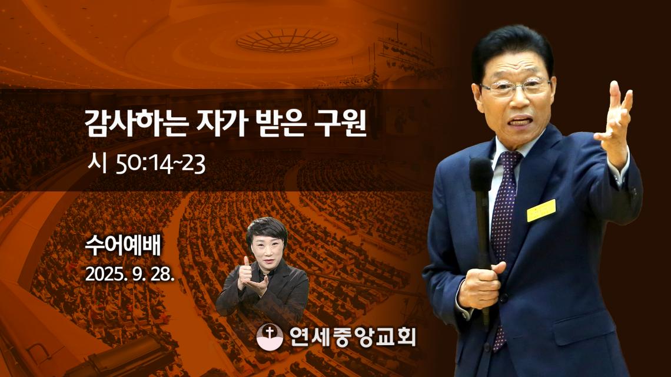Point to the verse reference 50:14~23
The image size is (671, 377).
tap(161, 164)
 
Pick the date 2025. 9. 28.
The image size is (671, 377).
tap(129, 274)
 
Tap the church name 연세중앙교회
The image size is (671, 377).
tap(352, 337)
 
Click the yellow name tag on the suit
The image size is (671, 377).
tap(542, 210)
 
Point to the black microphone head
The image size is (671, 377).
tap(481, 174)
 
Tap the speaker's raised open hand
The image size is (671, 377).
tap(615, 120)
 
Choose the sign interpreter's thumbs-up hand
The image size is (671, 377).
tap(245, 272)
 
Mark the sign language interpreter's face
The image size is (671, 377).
tap(267, 249)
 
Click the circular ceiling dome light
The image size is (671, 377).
tap(287, 41)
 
